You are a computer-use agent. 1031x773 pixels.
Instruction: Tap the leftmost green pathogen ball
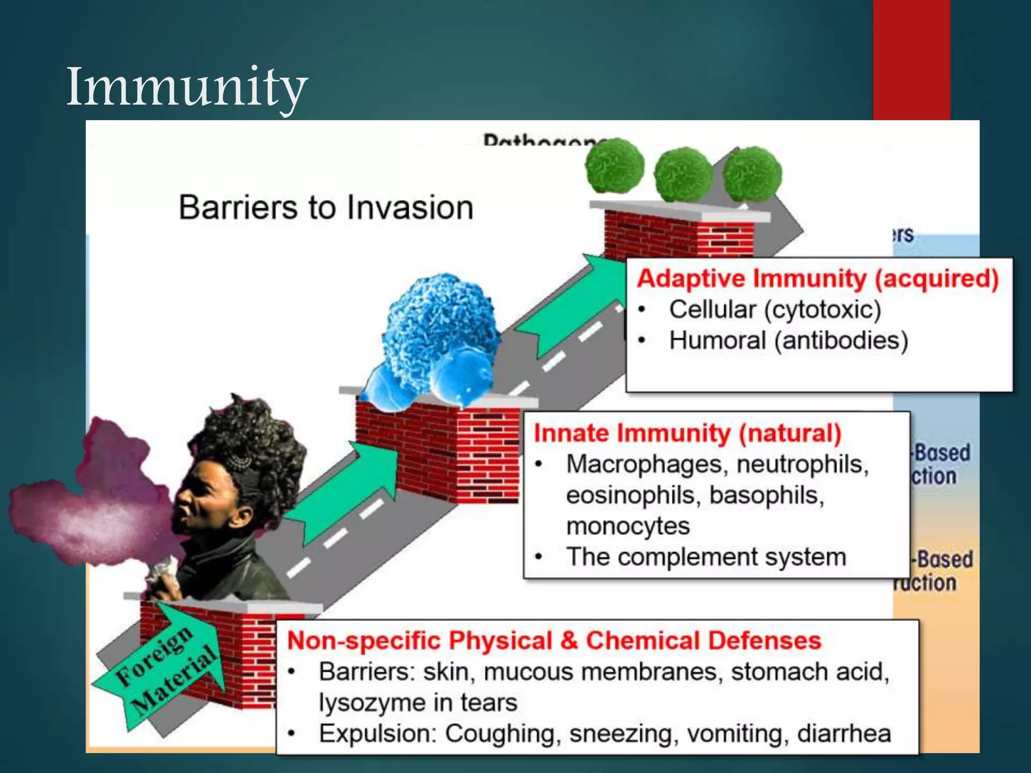pyautogui.click(x=615, y=166)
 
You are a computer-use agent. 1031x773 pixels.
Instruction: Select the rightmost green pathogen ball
pyautogui.click(x=752, y=174)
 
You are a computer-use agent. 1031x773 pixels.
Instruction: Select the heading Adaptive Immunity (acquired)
pyautogui.click(x=818, y=278)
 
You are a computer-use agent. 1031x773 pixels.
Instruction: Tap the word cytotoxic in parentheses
pyautogui.click(x=823, y=310)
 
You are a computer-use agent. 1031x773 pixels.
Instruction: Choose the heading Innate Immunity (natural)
pyautogui.click(x=687, y=433)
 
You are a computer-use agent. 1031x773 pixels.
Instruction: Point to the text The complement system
pyautogui.click(x=706, y=557)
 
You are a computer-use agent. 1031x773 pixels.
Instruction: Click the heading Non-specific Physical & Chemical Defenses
pyautogui.click(x=554, y=641)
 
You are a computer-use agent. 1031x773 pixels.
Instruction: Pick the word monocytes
pyautogui.click(x=627, y=526)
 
